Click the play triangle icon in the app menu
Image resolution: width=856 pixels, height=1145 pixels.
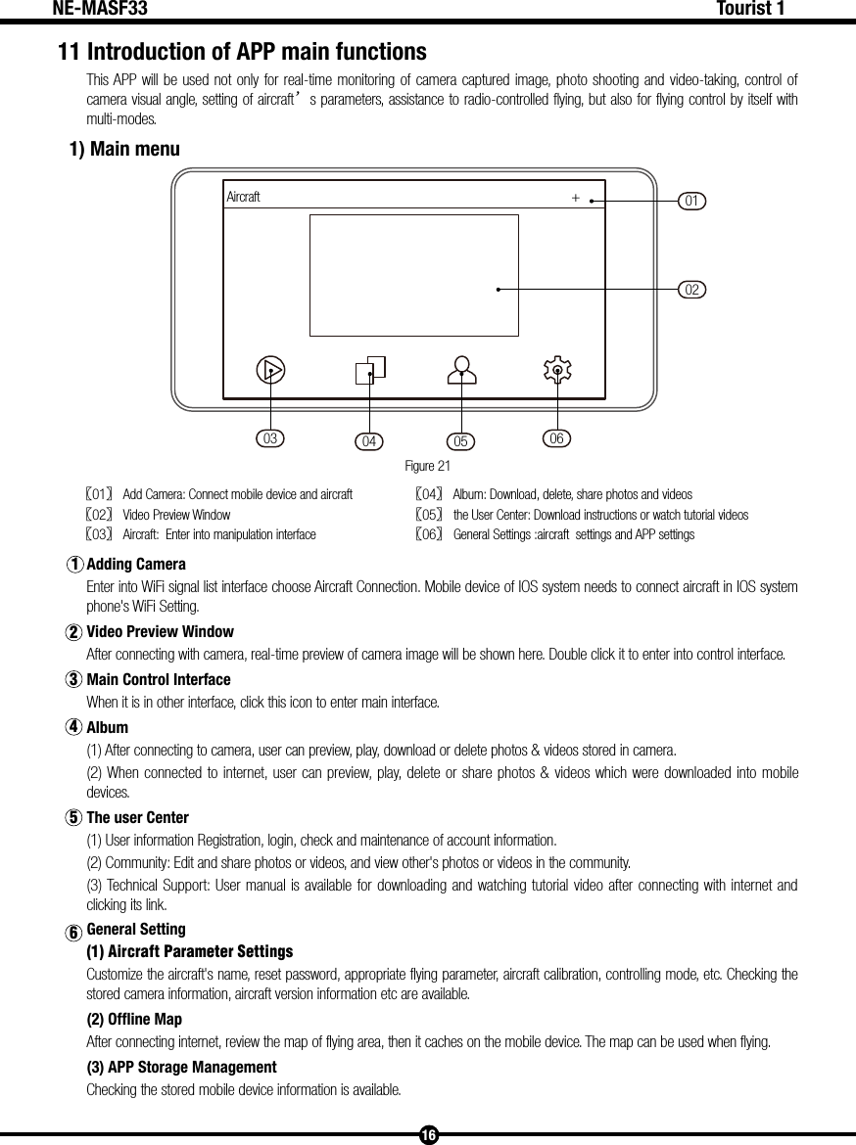tap(271, 370)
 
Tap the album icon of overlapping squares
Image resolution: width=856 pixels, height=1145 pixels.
tap(370, 369)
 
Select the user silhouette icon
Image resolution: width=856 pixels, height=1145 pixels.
tap(461, 369)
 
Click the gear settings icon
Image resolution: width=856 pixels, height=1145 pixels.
tap(557, 370)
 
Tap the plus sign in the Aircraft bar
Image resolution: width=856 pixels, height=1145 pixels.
tap(576, 198)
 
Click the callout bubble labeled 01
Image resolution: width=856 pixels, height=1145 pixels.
tap(692, 201)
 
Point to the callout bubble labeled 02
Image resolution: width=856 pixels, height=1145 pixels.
tap(692, 290)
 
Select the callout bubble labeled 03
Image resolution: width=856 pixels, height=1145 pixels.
tap(270, 438)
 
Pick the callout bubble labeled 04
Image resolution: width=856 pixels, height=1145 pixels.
tap(369, 441)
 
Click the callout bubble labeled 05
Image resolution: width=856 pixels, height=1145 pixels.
tap(461, 441)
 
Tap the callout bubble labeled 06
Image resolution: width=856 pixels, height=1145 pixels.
tap(556, 438)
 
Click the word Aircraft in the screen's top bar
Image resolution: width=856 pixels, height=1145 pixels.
tap(244, 197)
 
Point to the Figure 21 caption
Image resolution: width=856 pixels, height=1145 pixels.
tap(428, 465)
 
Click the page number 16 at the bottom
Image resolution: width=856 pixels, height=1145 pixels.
tap(428, 1135)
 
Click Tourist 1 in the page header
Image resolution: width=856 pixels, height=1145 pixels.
tap(750, 10)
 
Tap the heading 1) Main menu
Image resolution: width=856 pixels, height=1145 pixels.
tap(124, 150)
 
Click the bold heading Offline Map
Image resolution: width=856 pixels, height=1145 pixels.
tap(134, 1019)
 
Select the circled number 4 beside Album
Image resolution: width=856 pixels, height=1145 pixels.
tap(73, 728)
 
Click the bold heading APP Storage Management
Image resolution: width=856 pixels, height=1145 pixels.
tap(182, 1067)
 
